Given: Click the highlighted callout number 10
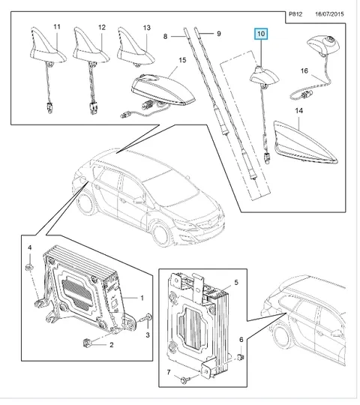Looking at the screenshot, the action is click(x=261, y=34).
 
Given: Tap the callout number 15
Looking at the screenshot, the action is click(x=182, y=60).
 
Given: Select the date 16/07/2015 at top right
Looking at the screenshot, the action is click(x=329, y=14).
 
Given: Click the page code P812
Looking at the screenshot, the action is click(x=295, y=14).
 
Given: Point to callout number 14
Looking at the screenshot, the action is click(x=298, y=110).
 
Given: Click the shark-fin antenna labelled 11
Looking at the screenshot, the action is click(x=47, y=46).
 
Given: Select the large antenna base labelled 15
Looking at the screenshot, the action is click(x=163, y=89).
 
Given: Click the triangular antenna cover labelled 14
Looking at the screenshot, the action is click(x=305, y=142).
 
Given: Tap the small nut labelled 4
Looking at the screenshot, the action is click(x=29, y=267).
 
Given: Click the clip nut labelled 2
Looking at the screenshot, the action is click(x=86, y=343).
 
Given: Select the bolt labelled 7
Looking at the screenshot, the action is click(x=185, y=379).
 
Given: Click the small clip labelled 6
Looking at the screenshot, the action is click(x=241, y=358).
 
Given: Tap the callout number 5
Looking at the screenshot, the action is click(x=236, y=282).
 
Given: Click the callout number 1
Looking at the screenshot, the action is click(x=142, y=298).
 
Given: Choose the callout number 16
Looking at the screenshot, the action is click(x=304, y=70).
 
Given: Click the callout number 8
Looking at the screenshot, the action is click(x=165, y=37).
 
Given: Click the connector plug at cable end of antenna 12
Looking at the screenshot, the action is click(x=92, y=108).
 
